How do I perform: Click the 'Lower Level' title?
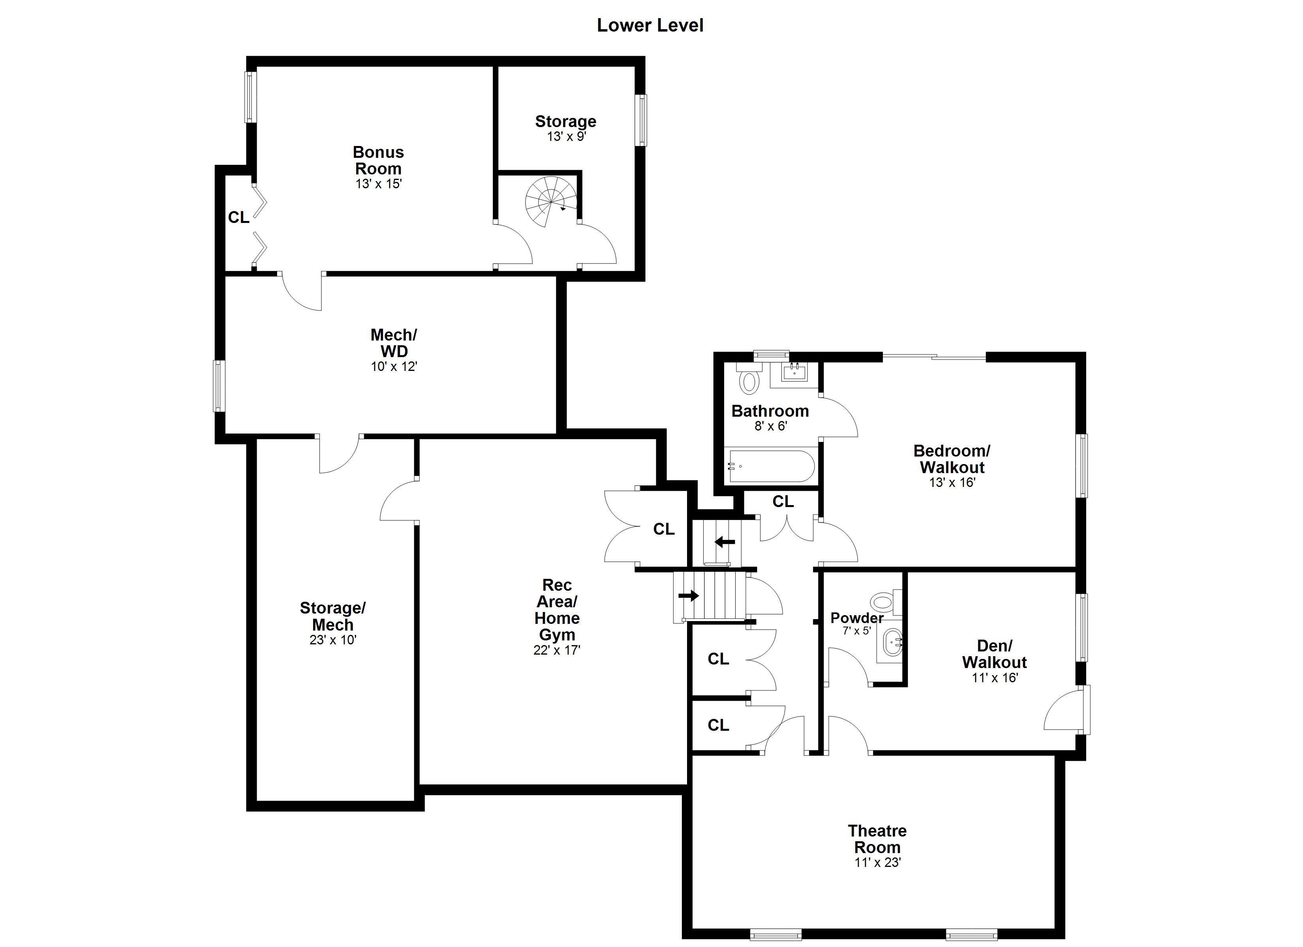[650, 25]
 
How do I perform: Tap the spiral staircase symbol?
[550, 201]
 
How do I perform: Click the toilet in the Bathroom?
[749, 380]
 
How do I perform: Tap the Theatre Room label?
[877, 839]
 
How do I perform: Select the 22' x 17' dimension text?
[557, 650]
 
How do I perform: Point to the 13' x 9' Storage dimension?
[567, 137]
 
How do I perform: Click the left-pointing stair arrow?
[725, 541]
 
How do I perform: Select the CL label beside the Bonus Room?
[238, 217]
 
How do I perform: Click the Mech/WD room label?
[394, 343]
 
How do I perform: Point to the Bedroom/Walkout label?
[952, 459]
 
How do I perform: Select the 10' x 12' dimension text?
[394, 367]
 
